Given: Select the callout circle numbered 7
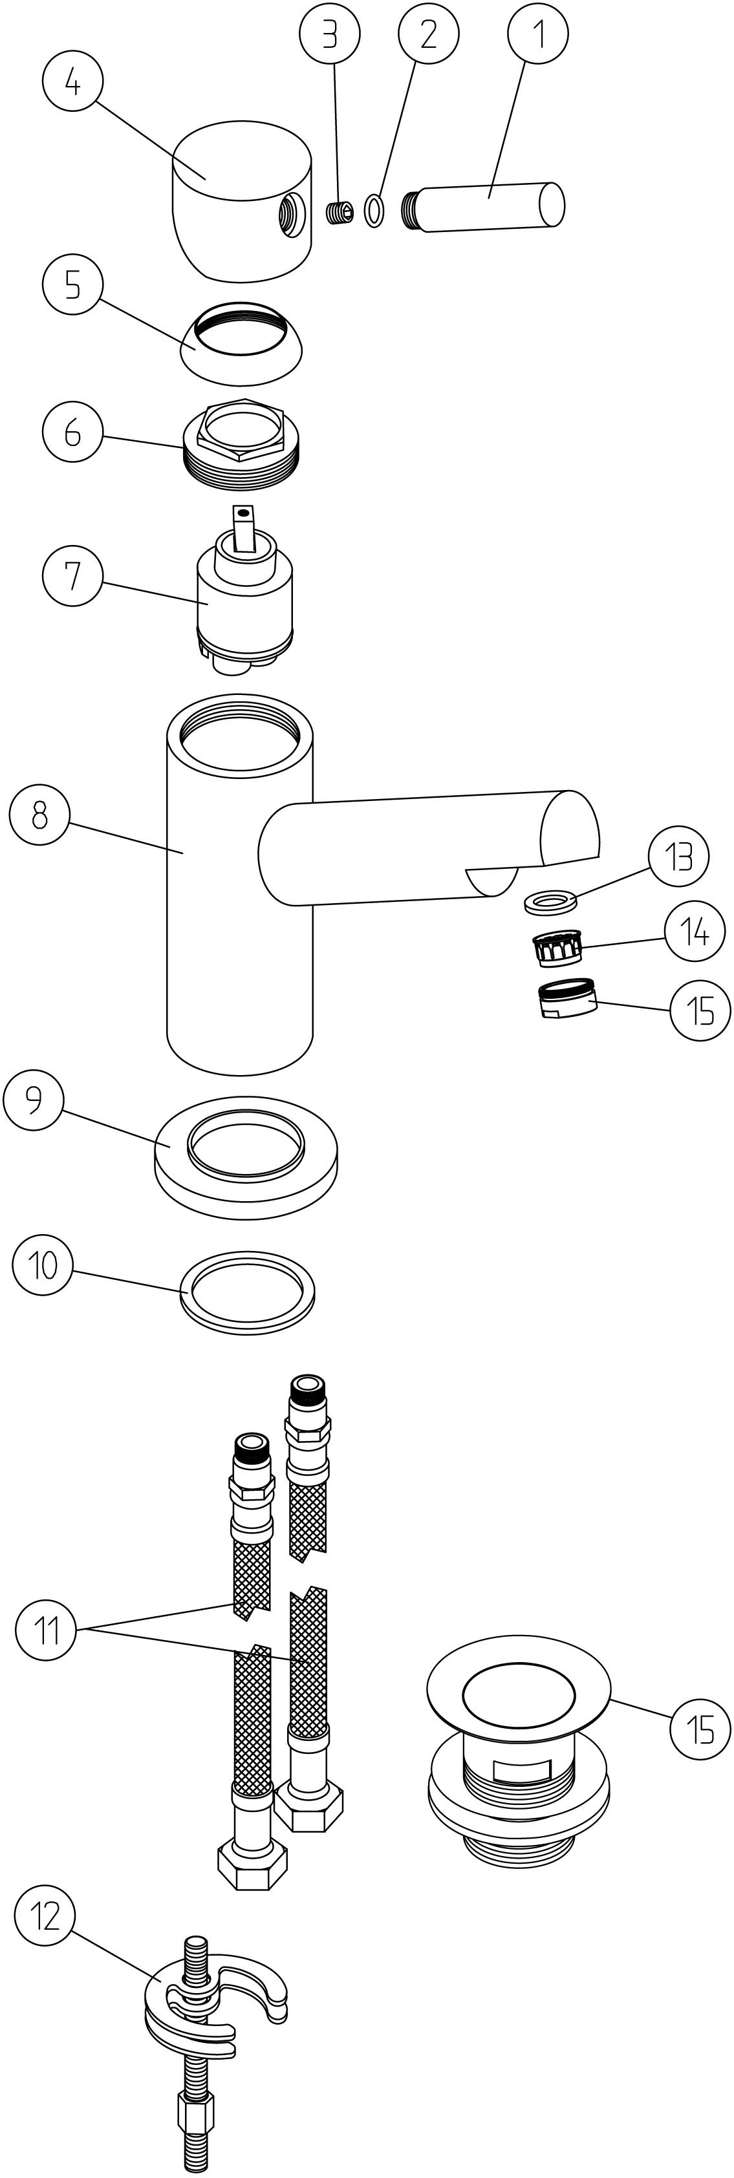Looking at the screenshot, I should tap(72, 576).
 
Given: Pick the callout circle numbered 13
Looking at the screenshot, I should tap(679, 857).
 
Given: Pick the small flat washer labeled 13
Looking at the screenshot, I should tap(550, 902).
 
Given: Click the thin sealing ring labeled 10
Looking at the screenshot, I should tap(247, 1293).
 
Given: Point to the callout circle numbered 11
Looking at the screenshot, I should tap(46, 1628).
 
